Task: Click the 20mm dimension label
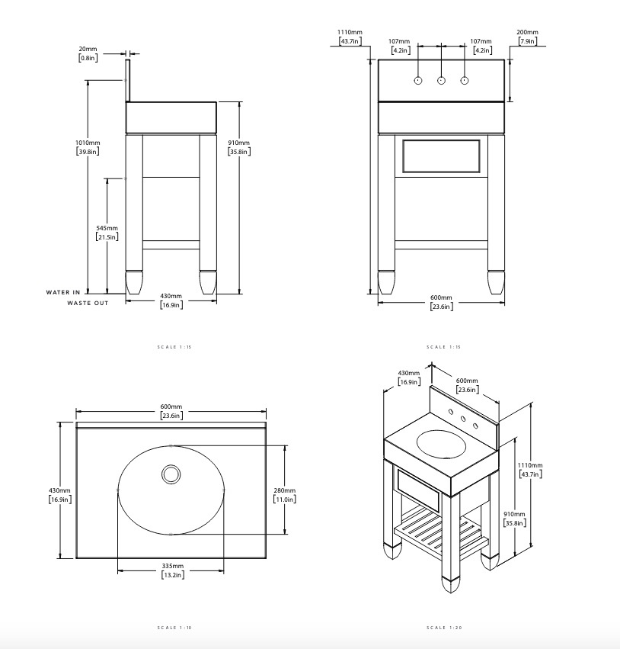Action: point(88,48)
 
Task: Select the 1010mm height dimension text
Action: point(88,143)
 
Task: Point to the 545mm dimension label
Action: point(107,228)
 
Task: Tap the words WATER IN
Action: point(62,292)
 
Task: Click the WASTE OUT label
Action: point(88,303)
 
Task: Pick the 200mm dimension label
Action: point(526,33)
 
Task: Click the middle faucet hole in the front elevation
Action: point(441,81)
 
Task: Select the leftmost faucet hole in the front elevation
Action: point(418,81)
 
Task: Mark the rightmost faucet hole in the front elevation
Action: point(464,81)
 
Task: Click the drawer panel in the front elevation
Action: point(441,157)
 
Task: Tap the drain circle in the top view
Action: point(171,474)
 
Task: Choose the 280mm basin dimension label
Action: point(284,490)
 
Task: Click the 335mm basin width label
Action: point(172,566)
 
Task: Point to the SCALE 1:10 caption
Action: point(174,628)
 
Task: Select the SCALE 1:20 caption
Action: point(444,628)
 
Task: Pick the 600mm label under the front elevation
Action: point(441,297)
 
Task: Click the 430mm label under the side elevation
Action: point(171,296)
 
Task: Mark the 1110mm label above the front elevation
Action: point(350,33)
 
